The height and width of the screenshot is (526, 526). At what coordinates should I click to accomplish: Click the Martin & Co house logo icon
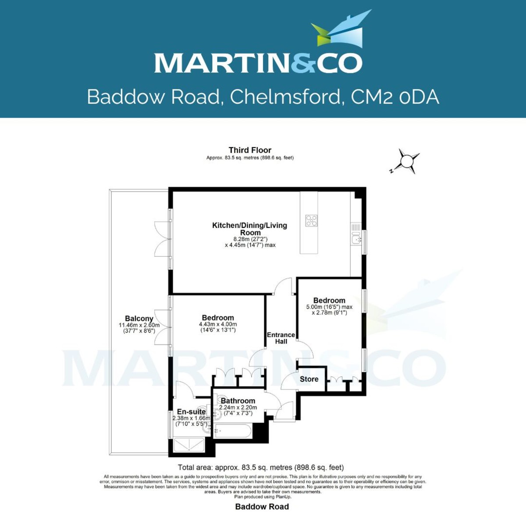click(x=341, y=30)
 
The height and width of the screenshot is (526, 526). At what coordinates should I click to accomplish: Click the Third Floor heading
click(x=250, y=150)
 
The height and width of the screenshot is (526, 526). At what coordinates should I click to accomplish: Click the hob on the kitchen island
click(x=311, y=220)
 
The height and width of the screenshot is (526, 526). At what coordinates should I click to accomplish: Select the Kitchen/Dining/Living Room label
click(x=250, y=229)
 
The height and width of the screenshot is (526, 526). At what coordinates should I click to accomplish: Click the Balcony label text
click(x=139, y=319)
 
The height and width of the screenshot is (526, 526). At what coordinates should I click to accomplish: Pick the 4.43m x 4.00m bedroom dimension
click(x=218, y=324)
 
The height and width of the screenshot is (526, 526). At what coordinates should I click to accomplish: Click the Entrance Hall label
click(x=281, y=338)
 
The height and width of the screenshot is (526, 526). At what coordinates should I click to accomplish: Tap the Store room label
click(x=309, y=379)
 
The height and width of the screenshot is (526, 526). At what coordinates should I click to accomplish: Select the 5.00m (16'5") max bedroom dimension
click(x=329, y=307)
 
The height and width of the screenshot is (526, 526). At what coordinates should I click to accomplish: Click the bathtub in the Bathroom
click(x=232, y=431)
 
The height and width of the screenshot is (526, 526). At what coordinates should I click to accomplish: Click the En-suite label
click(x=191, y=412)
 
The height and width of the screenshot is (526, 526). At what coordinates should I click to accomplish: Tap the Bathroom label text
click(x=238, y=401)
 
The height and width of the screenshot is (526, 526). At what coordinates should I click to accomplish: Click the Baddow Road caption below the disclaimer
click(x=262, y=507)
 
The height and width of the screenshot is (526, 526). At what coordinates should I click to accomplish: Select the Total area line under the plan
click(x=261, y=467)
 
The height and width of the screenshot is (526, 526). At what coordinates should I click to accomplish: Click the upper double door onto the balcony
click(x=162, y=239)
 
